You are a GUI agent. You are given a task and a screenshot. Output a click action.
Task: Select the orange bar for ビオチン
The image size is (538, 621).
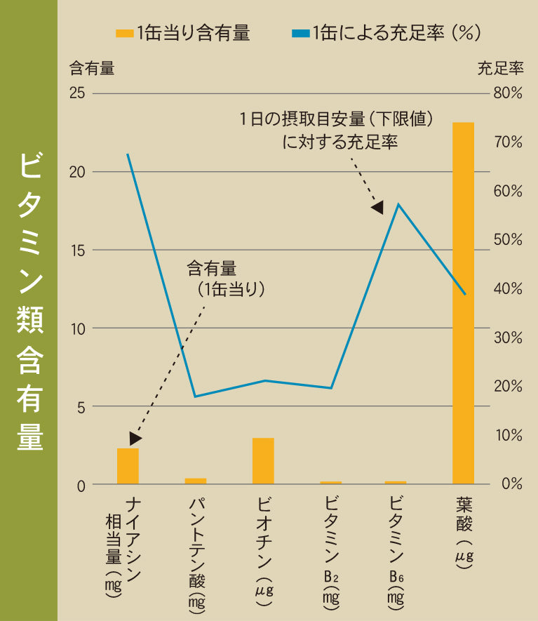coord(263,461)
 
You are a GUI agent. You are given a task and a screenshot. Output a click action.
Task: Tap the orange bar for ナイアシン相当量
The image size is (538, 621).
coord(128,466)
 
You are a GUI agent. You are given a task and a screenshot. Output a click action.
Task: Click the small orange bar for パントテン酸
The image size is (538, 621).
coord(196,481)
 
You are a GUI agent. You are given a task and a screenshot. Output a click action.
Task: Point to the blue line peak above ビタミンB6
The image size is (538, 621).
coord(398,204)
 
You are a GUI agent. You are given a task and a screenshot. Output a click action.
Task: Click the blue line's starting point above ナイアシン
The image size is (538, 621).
coord(128,154)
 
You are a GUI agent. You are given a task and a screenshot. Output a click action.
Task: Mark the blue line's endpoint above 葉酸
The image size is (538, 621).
coord(465,294)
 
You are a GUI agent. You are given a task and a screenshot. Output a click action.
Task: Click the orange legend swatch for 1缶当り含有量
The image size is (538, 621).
coord(125,33)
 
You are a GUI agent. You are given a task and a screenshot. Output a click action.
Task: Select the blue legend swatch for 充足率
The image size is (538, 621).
coord(300,33)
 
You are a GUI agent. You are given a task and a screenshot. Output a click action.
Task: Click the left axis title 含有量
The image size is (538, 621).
coord(91,69)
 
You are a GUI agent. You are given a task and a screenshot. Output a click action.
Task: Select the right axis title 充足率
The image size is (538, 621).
coord(501,69)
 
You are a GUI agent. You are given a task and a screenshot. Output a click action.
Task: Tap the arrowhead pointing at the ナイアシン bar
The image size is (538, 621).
coord(135,438)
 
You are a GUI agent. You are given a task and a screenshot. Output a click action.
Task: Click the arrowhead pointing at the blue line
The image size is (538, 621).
coord(378,207)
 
